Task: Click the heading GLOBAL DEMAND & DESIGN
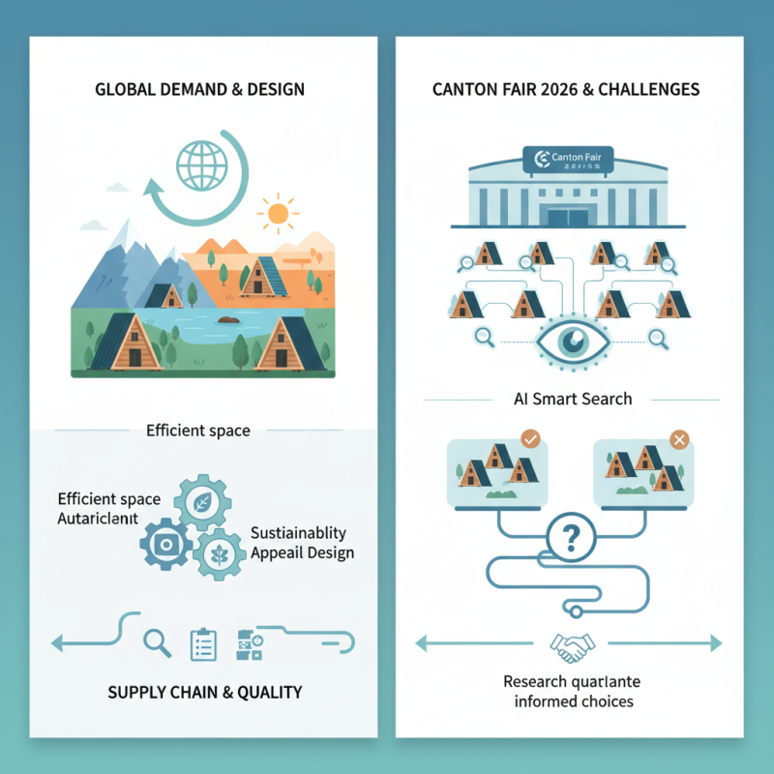[x=200, y=90]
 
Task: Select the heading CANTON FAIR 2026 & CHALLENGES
[x=567, y=90]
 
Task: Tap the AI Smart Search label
[x=567, y=399]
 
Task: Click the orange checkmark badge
[x=529, y=439]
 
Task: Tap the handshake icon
[x=569, y=642]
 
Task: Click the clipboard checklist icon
[x=203, y=643]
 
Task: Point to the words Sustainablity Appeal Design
[x=301, y=544]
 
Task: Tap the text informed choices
[x=569, y=700]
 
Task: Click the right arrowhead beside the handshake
[x=715, y=642]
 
